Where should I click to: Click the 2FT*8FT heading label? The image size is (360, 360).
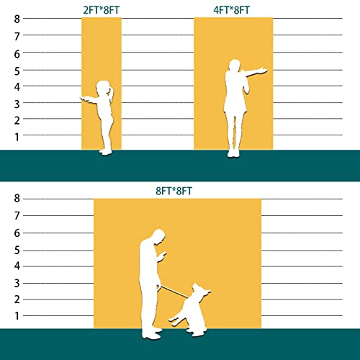101,10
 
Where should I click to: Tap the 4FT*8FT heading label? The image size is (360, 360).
231,10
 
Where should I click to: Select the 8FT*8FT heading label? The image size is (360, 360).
174,191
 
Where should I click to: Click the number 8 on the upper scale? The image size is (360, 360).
17,19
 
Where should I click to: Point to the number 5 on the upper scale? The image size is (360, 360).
17,71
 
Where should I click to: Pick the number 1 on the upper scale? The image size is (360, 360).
17,137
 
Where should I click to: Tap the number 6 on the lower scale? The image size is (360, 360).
17,233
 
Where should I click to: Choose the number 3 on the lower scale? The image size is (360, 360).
17,284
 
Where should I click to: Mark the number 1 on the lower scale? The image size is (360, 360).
17,316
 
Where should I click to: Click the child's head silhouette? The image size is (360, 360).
104,88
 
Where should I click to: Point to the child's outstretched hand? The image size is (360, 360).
84,99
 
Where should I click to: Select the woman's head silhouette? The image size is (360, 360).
234,65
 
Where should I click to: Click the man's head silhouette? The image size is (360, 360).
159,236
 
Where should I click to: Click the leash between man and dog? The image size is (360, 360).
174,292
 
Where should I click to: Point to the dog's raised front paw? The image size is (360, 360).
173,321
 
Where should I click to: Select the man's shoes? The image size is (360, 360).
151,334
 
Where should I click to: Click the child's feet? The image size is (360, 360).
106,152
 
